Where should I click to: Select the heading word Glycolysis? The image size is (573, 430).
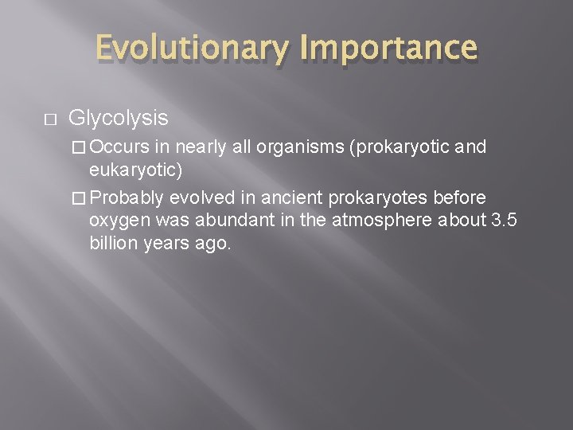[118, 119]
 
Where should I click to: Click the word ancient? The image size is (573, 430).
[288, 197]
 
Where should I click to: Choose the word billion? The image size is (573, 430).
[114, 244]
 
